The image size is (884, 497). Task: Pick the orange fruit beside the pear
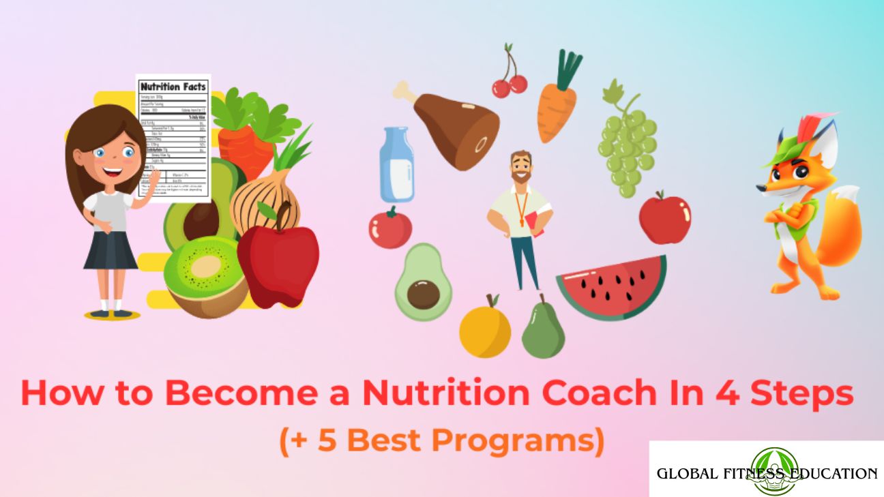coord(484,330)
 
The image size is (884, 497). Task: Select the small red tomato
coord(390,228)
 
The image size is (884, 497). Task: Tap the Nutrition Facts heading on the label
coord(173,87)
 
